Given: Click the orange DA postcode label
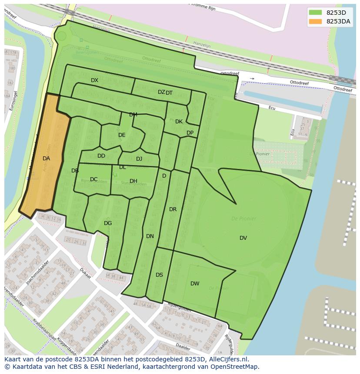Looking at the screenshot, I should coord(46,159).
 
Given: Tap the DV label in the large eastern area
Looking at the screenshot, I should coord(243,238).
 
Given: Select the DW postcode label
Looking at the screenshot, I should coord(195,284).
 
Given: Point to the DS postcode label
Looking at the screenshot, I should coord(159,275).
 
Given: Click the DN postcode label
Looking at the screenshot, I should coord(150,236).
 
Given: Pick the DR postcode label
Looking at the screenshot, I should coord(173,209).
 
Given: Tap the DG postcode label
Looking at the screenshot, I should coord(108,223).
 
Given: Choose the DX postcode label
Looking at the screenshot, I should coord(94,80).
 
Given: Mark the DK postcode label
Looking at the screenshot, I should coord(179,122).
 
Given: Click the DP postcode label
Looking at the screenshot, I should coord(190,133).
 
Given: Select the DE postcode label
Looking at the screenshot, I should coord(122,135).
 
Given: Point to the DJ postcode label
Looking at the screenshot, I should coord(139,159).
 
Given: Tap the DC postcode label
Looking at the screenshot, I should coord(93,179).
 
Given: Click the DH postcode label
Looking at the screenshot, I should coord(133,181).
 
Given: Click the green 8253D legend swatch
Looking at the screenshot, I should coord(315,12).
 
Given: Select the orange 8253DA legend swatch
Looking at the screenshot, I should coord(315,22).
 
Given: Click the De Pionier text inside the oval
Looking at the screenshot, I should coord(243,218).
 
